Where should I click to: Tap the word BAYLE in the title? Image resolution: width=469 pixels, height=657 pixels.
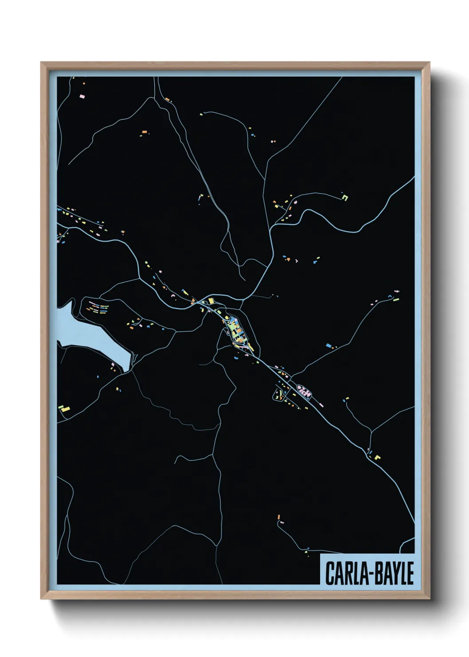click(x=392, y=573)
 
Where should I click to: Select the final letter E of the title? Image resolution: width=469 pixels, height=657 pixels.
click(x=410, y=573)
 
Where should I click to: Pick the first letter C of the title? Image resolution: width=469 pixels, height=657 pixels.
click(x=330, y=573)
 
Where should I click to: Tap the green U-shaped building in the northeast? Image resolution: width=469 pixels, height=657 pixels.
click(x=344, y=197)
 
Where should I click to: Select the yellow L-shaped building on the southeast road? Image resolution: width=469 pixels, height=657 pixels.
click(x=377, y=457)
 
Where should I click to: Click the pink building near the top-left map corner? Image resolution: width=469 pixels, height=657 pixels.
click(x=82, y=96)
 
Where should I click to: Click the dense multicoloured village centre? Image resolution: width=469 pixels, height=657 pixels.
click(x=235, y=331)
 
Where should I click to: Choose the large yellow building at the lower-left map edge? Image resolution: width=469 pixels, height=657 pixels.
click(x=65, y=407)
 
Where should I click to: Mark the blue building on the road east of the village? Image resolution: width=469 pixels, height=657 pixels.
click(x=328, y=345)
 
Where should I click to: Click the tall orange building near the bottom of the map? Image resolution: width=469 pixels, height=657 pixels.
click(x=278, y=517)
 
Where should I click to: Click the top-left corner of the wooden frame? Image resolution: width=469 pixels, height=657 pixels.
click(x=42, y=63)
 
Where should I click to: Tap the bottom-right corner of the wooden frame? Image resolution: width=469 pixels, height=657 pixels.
click(x=429, y=598)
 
